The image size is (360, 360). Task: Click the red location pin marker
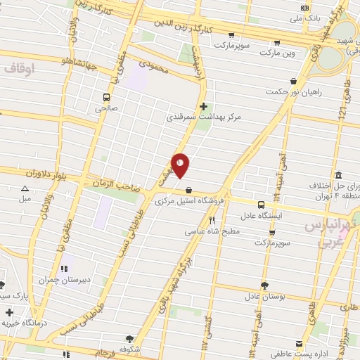click(181, 165)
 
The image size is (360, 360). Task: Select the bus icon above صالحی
click(106, 97)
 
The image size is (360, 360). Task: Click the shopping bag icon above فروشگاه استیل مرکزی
click(188, 190)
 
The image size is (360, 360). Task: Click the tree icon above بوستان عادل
click(264, 285)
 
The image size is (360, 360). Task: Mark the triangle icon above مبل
click(25, 188)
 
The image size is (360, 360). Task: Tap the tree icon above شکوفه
click(128, 338)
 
